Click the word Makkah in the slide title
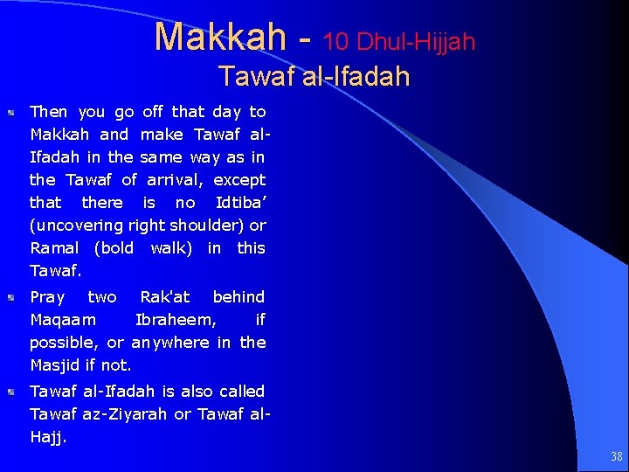pyautogui.click(x=219, y=38)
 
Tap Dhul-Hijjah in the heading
pyautogui.click(x=417, y=41)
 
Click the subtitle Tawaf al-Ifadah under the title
pyautogui.click(x=314, y=76)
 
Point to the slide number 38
pyautogui.click(x=617, y=456)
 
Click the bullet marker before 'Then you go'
pyautogui.click(x=11, y=113)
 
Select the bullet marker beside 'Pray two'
pyautogui.click(x=11, y=298)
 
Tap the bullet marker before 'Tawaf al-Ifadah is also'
pyautogui.click(x=11, y=392)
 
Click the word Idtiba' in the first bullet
pyautogui.click(x=240, y=203)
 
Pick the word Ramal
pyautogui.click(x=54, y=248)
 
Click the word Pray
pyautogui.click(x=47, y=297)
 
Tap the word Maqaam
pyautogui.click(x=63, y=320)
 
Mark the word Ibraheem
pyautogui.click(x=176, y=320)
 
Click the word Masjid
pyautogui.click(x=55, y=365)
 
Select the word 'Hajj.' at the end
pyautogui.click(x=48, y=437)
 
